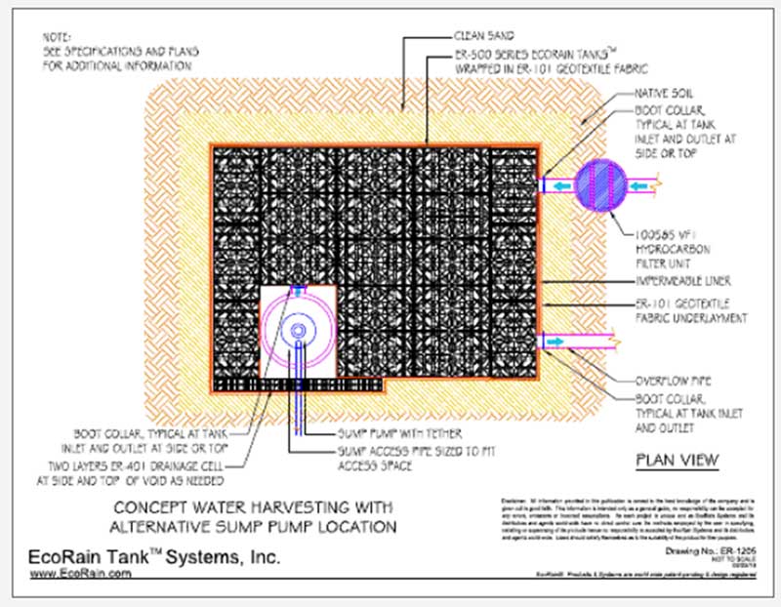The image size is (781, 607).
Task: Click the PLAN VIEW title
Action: pos(677,460)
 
